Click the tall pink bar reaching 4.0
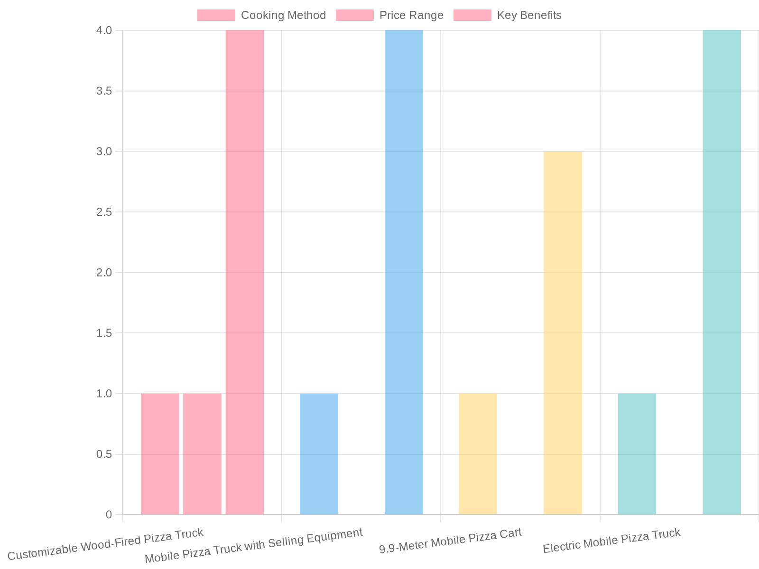244,272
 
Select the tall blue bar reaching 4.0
403,272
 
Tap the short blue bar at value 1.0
319,454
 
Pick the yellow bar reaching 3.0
563,333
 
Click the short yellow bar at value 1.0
478,454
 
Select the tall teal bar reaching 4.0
722,272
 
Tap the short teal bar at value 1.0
637,454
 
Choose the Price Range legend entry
389,15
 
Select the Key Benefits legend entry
507,15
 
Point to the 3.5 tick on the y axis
104,91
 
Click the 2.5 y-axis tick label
104,212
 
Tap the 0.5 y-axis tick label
104,454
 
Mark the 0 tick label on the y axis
109,514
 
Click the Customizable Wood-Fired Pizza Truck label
105,544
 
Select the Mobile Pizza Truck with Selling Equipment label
254,545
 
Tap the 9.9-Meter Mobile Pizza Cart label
451,541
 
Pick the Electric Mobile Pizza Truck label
611,541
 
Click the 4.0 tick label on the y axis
104,30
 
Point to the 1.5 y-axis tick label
104,333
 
